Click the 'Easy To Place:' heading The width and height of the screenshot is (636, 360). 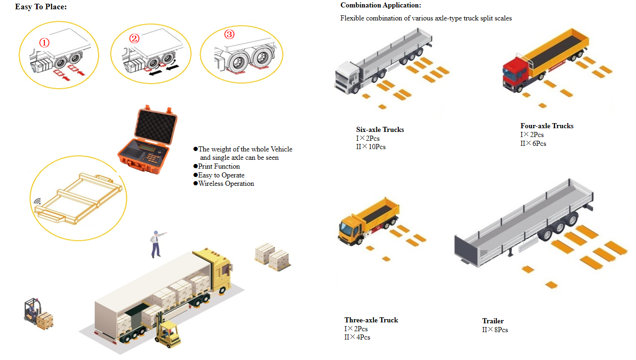pos(41,7)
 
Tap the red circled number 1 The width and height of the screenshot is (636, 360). pos(44,43)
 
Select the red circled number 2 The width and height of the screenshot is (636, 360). pos(134,39)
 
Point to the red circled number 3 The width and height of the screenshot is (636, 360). pos(229,34)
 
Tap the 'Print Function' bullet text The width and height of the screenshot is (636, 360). pos(219,166)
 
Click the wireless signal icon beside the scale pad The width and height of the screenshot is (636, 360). pos(38,201)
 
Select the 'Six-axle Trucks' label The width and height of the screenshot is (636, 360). pos(380,130)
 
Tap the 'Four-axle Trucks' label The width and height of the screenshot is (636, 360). pos(547,126)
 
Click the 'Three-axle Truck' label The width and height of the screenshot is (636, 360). pos(371,320)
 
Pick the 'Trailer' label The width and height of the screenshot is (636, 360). pos(493,321)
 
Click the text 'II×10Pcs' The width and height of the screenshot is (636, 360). pos(371,147)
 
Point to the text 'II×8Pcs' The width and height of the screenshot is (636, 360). pos(495,330)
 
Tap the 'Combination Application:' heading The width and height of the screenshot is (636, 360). pos(381,5)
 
